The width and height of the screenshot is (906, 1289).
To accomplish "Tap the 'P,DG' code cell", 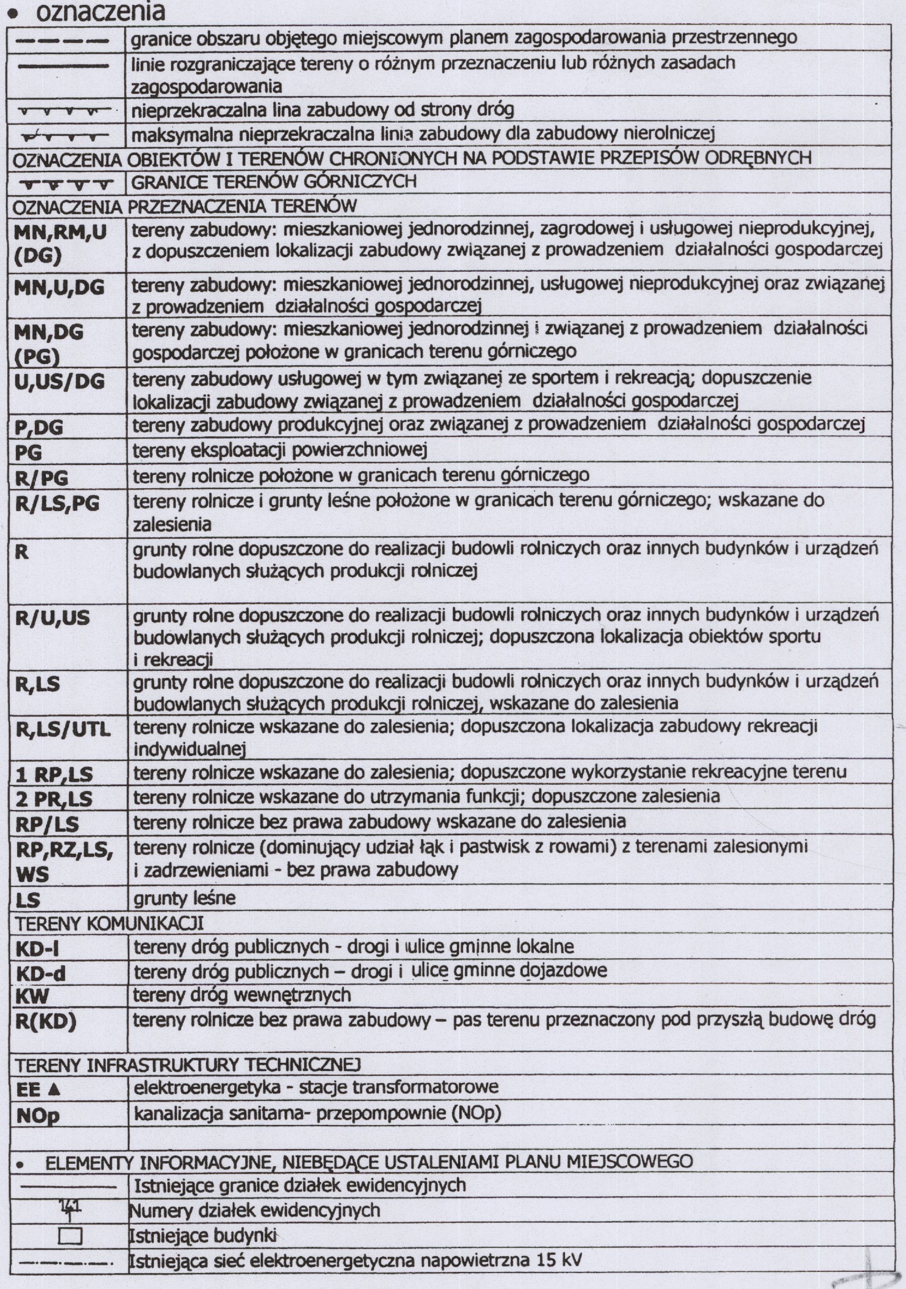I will tap(39, 428).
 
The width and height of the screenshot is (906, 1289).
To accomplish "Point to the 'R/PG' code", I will tap(41, 477).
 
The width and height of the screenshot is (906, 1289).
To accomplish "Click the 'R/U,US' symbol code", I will tap(52, 618).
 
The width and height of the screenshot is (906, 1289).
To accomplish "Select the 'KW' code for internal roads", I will tap(33, 996).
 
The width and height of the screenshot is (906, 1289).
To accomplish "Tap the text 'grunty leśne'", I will tap(184, 899).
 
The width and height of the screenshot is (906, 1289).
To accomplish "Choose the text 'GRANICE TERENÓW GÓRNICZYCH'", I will tap(274, 182).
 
